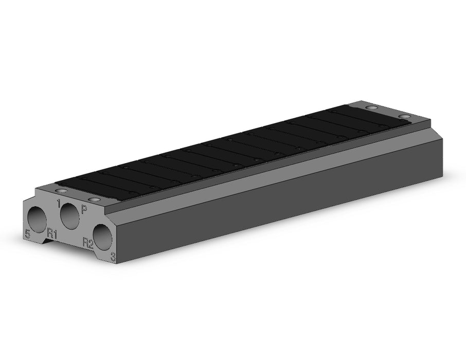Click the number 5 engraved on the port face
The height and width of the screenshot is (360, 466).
pyautogui.click(x=28, y=234)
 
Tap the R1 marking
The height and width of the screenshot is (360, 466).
pyautogui.click(x=52, y=233)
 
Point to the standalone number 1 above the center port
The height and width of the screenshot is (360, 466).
pyautogui.click(x=59, y=204)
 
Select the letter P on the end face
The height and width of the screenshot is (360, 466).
pyautogui.click(x=84, y=210)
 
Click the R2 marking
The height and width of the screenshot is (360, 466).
pyautogui.click(x=88, y=243)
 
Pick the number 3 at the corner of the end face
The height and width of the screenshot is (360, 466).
pyautogui.click(x=113, y=257)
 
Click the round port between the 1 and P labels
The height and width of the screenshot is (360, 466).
pyautogui.click(x=70, y=216)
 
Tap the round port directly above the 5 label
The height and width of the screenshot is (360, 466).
pyautogui.click(x=37, y=219)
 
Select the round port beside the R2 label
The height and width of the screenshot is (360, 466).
pyautogui.click(x=103, y=238)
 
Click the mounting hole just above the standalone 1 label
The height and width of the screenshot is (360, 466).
pyautogui.click(x=62, y=191)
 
